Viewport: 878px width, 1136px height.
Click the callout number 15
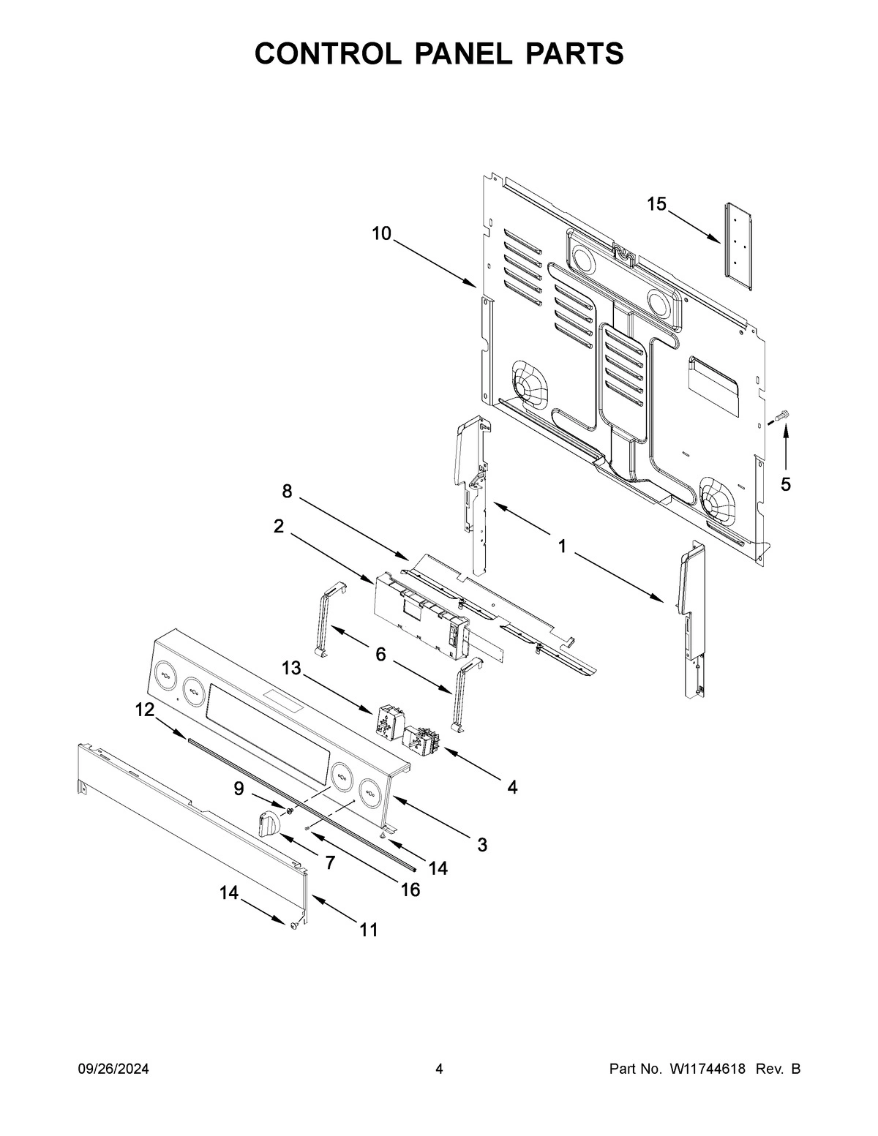click(x=656, y=204)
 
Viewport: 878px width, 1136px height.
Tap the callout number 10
click(x=381, y=233)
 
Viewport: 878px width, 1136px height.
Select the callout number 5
click(x=785, y=484)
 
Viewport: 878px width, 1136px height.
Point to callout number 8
click(x=288, y=492)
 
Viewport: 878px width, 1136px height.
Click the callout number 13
click(x=291, y=668)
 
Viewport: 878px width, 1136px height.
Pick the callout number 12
click(x=144, y=709)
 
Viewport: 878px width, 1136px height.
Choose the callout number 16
click(x=410, y=889)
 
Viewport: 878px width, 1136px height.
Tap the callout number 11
click(x=369, y=930)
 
